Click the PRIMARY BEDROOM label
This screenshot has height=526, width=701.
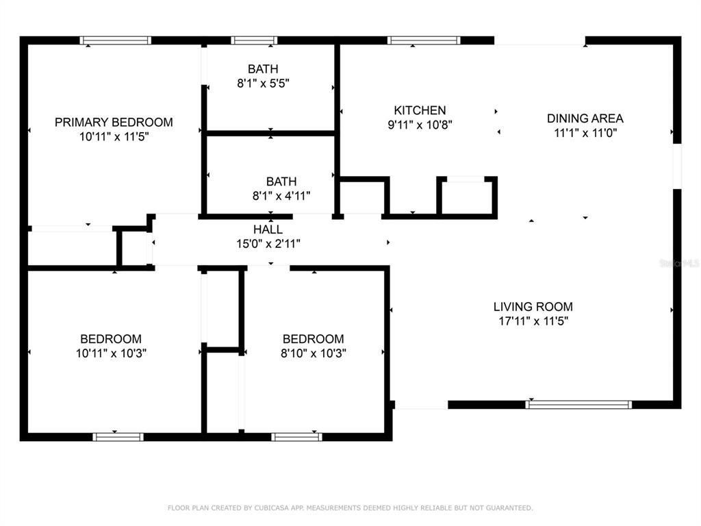(x=114, y=122)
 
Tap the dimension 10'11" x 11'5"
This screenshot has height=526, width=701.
(x=114, y=136)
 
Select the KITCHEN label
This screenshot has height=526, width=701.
(x=420, y=110)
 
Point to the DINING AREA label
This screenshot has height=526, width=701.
(x=585, y=118)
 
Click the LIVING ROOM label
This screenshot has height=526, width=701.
(x=533, y=307)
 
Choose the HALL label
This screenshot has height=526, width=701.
(x=268, y=229)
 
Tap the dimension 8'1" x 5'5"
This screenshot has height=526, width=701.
(x=263, y=84)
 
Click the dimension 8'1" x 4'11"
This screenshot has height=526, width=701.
(x=281, y=196)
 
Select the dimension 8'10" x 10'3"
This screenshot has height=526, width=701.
(x=313, y=353)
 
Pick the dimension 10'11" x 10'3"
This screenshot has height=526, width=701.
(x=111, y=353)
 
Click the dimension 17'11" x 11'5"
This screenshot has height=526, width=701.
(x=533, y=321)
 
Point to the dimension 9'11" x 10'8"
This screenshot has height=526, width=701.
(x=420, y=125)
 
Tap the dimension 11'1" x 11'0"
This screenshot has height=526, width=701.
(x=585, y=133)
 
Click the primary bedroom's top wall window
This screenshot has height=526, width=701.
(x=115, y=40)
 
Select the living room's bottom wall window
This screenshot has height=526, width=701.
(x=578, y=405)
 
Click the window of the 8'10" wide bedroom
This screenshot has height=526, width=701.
(x=296, y=436)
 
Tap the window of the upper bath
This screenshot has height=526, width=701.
(x=254, y=40)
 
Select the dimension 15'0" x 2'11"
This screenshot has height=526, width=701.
(x=268, y=243)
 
